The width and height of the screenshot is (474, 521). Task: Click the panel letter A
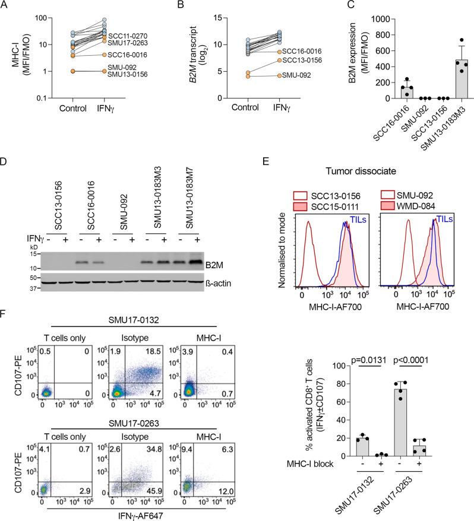[x=5, y=7]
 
